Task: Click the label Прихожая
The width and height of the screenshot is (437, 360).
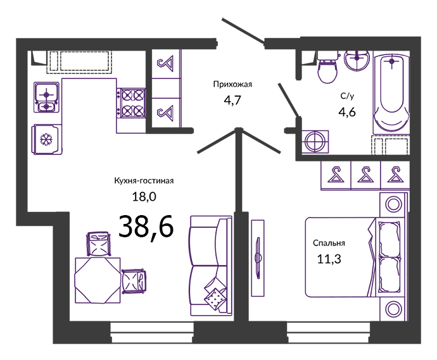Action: click(x=232, y=84)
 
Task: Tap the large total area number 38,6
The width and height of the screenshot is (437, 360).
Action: click(x=146, y=227)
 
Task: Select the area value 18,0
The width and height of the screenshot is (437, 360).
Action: click(x=144, y=197)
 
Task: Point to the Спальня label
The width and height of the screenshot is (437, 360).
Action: click(x=329, y=244)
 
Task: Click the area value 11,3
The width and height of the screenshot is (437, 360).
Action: click(x=329, y=259)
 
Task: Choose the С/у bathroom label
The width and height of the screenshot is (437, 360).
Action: click(x=347, y=96)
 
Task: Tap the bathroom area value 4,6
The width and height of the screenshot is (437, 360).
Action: click(x=347, y=112)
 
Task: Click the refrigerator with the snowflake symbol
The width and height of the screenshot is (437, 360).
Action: click(x=46, y=139)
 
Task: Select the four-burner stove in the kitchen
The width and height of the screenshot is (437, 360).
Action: click(x=131, y=102)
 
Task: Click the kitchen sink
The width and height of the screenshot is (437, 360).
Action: click(x=46, y=97)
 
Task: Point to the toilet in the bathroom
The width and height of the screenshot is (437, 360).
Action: click(x=327, y=67)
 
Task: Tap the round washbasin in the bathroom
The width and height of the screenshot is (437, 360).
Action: click(x=357, y=60)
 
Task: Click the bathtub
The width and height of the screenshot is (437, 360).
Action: click(x=391, y=93)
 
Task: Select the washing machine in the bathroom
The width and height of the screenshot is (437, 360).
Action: click(x=315, y=142)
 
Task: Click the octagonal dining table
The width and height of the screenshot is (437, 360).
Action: click(x=98, y=280)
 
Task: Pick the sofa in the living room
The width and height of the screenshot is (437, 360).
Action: click(x=211, y=266)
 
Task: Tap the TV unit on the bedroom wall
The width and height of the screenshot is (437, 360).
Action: click(x=258, y=258)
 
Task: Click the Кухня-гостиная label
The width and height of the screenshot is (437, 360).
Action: click(x=144, y=181)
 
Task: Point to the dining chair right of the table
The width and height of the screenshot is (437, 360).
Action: click(x=134, y=281)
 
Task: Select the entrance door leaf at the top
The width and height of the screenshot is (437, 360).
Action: click(x=243, y=31)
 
